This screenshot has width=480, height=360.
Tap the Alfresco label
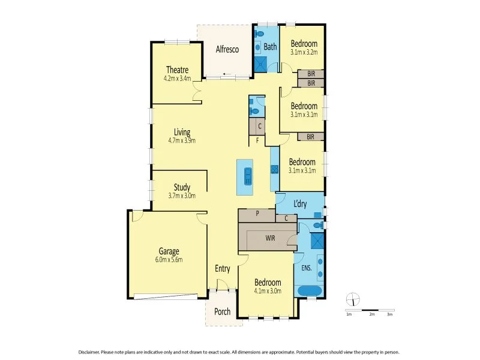click(227, 50)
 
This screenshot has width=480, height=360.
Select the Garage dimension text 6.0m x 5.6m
click(169, 260)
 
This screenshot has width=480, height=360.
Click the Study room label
click(182, 187)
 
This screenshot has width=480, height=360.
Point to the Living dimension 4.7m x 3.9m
click(182, 140)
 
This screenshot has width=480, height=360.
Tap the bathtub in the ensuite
click(310, 292)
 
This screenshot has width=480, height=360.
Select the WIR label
click(271, 238)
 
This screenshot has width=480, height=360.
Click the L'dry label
click(300, 204)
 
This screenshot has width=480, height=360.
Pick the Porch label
click(223, 311)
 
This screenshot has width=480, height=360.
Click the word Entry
click(223, 269)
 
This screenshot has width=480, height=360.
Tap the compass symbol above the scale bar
click(353, 298)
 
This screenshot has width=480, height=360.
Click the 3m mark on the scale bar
click(389, 314)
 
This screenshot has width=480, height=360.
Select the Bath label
click(270, 47)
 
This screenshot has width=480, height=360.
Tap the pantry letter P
click(257, 212)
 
